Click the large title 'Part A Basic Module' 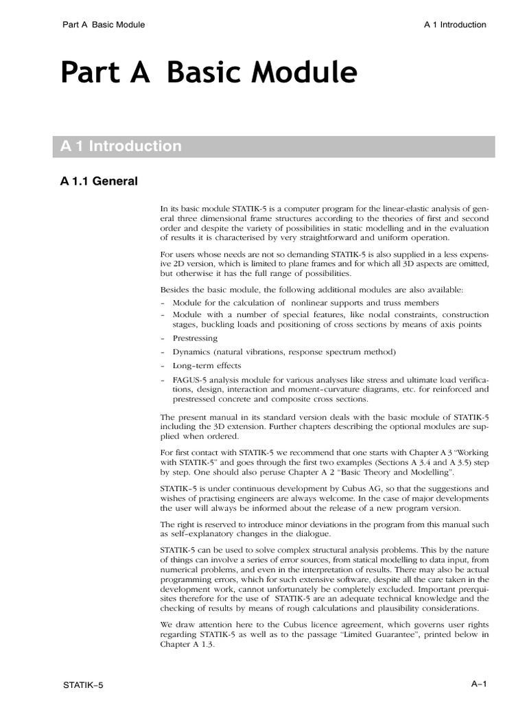[x=209, y=73]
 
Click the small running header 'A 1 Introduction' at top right [x=455, y=25]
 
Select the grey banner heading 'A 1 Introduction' [x=121, y=146]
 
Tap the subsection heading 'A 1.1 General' [x=99, y=182]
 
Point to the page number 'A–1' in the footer [x=478, y=683]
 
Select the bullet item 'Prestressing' [x=195, y=338]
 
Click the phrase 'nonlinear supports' [x=327, y=303]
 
